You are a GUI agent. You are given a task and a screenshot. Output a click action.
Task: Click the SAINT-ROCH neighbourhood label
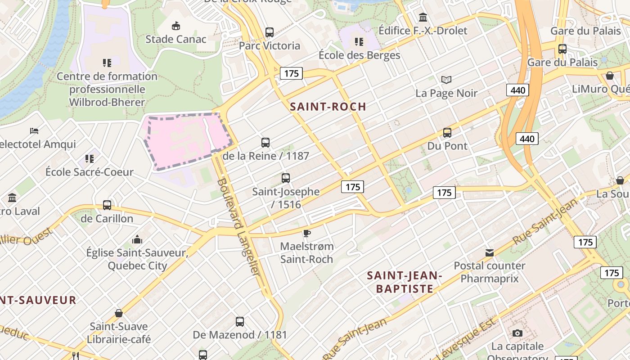[x=328, y=107]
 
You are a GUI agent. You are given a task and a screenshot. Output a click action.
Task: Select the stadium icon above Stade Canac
[x=176, y=26]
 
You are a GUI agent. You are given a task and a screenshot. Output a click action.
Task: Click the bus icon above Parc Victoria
[x=270, y=32]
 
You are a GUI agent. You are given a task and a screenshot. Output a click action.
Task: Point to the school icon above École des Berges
[x=359, y=42]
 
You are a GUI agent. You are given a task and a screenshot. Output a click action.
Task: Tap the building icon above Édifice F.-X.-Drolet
[x=423, y=18]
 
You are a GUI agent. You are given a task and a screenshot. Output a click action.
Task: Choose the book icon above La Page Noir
[x=446, y=80]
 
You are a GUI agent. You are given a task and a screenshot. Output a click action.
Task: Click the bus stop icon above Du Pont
[x=447, y=133]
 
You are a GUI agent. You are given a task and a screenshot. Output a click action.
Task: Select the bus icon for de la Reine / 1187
[x=265, y=143]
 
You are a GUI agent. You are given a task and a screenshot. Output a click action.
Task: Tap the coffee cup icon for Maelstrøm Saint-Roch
[x=306, y=233]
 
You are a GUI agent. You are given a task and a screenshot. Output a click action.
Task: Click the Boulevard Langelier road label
[x=238, y=227]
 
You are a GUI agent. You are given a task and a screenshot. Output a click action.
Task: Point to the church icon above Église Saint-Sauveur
[x=137, y=239]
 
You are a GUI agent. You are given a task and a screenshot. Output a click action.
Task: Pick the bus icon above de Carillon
[x=107, y=205]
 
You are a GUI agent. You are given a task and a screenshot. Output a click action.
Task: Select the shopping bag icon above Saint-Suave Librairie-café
[x=119, y=313]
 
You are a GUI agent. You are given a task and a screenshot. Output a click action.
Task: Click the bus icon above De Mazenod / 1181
[x=240, y=322]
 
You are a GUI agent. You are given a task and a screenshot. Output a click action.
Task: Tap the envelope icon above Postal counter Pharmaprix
[x=490, y=252]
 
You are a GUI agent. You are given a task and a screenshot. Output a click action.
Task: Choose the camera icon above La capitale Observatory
[x=517, y=333]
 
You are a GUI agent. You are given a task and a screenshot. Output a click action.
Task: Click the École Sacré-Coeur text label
[x=90, y=172]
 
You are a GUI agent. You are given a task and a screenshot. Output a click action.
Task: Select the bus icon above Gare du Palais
[x=562, y=49]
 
